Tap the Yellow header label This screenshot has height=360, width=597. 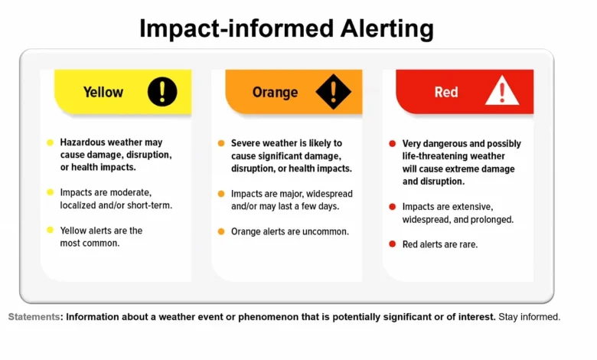[103, 92]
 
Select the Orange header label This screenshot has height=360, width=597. [275, 92]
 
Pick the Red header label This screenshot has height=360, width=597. [446, 92]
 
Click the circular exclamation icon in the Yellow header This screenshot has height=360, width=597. [162, 92]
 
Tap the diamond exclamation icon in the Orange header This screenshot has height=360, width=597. [333, 92]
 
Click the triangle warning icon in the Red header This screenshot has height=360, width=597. [502, 92]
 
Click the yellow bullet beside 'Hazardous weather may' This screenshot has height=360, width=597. [51, 142]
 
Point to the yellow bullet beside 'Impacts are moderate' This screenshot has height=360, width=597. [51, 192]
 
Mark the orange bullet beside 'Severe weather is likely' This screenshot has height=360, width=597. [221, 143]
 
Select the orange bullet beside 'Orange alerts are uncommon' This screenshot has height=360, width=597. [221, 231]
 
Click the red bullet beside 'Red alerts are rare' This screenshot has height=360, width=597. [392, 244]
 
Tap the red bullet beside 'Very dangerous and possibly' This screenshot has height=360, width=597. [392, 144]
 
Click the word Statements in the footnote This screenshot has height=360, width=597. [34, 316]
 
